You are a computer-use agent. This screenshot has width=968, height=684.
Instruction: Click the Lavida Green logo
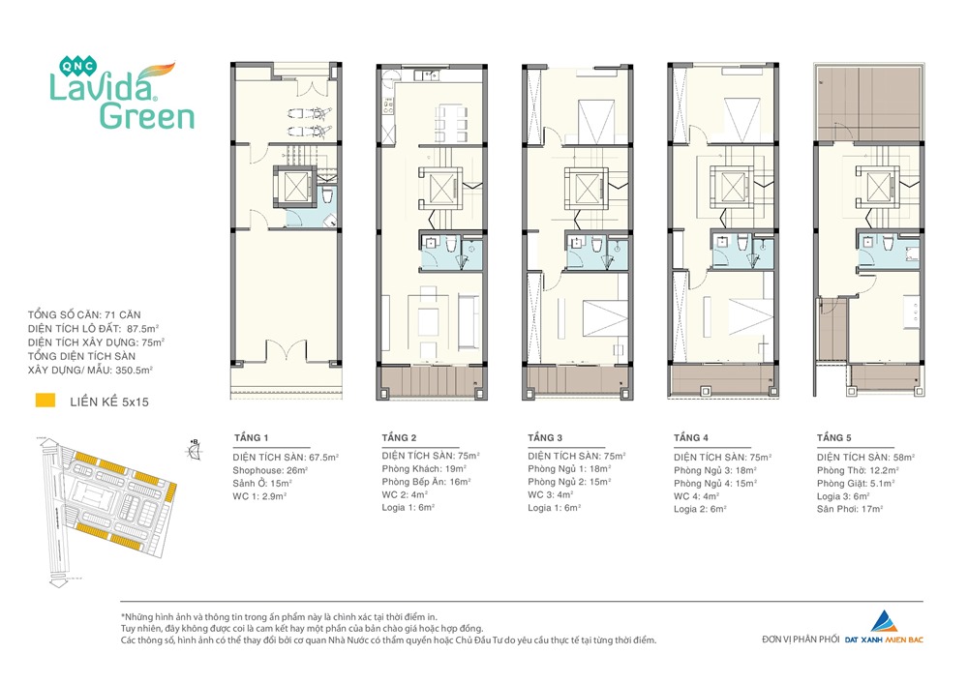(122, 93)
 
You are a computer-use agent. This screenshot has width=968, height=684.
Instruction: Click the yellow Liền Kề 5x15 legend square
(45, 401)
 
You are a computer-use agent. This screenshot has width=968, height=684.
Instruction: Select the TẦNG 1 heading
(252, 438)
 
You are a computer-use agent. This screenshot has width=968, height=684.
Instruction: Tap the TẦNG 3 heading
(545, 438)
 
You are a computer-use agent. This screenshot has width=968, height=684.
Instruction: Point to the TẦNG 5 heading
(834, 438)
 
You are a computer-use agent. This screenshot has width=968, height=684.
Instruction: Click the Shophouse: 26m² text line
(270, 470)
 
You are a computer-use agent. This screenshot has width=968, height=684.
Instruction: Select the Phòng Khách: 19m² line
(424, 469)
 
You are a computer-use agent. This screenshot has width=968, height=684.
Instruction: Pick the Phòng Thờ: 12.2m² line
(858, 470)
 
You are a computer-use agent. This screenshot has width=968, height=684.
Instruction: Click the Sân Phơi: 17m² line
(850, 509)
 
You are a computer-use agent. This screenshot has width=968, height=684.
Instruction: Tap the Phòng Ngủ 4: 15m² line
(715, 483)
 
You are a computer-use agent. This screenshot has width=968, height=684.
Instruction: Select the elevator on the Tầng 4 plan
(732, 186)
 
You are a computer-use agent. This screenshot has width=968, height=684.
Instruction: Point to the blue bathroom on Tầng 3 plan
(597, 253)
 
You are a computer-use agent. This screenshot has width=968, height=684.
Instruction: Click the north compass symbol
(195, 450)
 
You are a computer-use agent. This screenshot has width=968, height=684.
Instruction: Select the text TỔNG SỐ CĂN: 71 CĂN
(84, 315)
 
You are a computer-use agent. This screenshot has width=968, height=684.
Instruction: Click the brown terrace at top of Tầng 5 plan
(868, 103)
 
